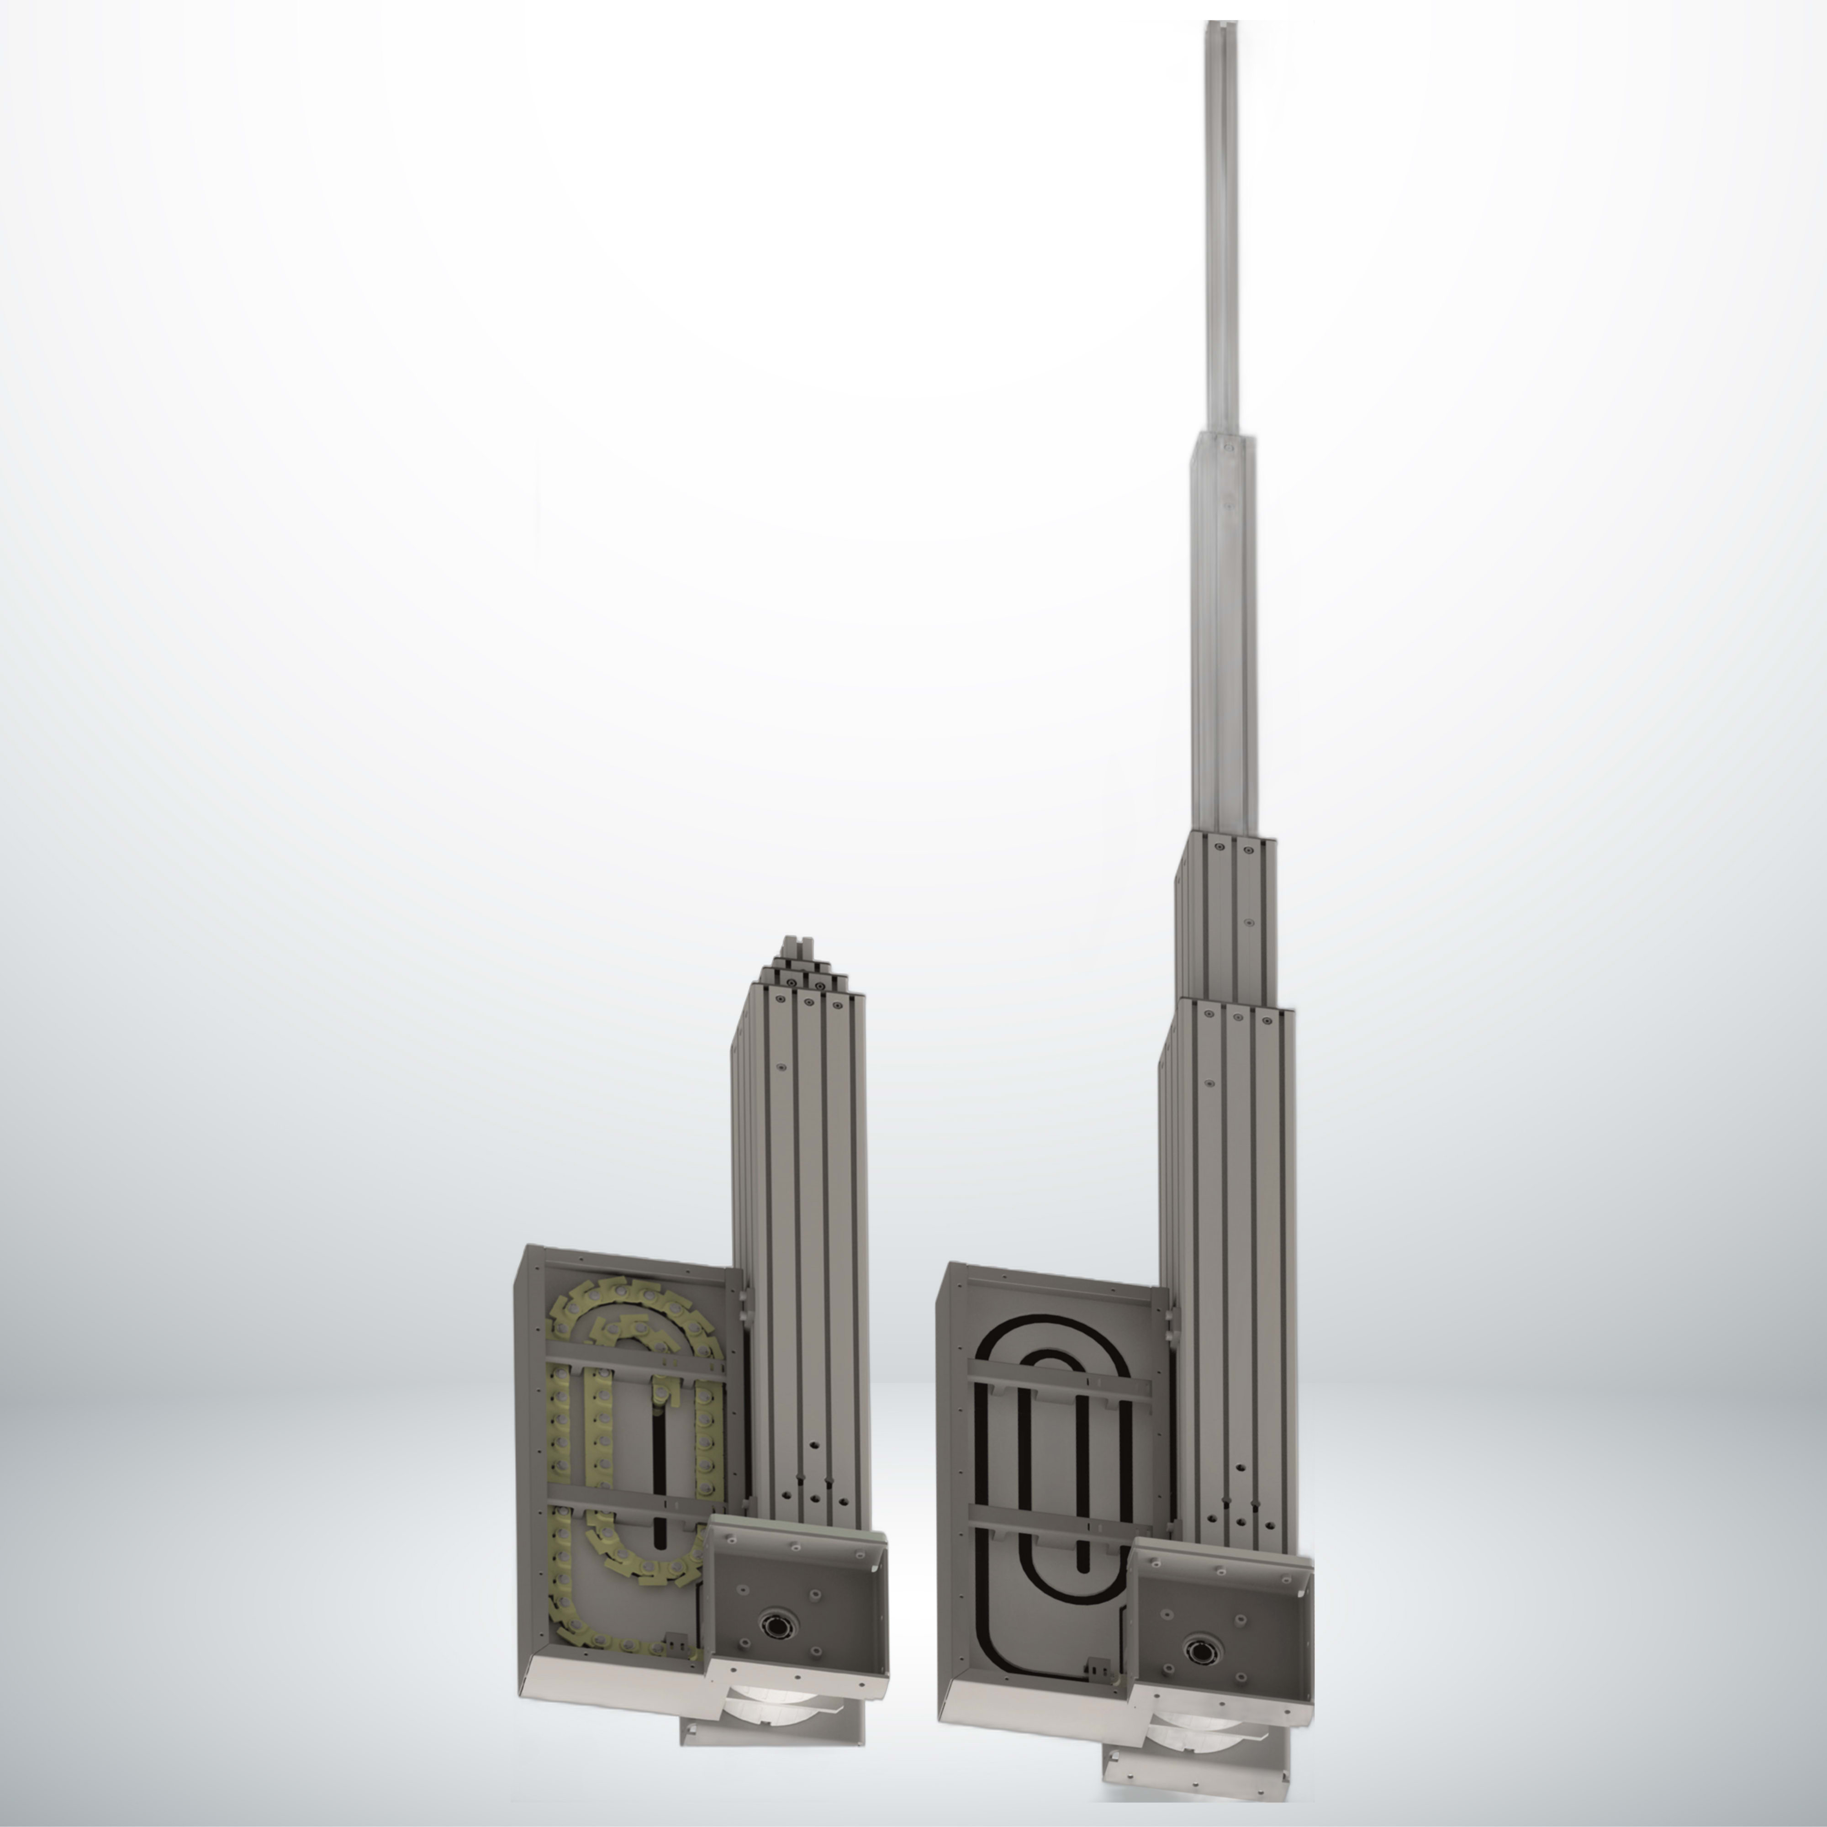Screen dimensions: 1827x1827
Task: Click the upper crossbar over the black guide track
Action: coord(1059,1387)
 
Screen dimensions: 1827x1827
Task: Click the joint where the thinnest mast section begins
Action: coord(1223,437)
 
